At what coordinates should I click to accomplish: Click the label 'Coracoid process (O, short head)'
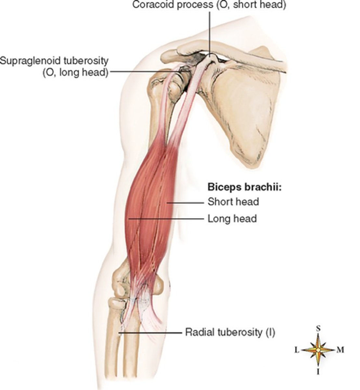point(209,6)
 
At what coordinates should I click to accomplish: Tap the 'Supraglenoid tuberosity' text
point(54,61)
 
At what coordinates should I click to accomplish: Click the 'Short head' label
point(233,202)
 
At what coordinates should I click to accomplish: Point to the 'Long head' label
point(232,218)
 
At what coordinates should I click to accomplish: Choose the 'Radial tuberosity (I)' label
point(230,332)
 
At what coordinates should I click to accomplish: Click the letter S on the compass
point(318,329)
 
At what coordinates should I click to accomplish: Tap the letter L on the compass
point(297,350)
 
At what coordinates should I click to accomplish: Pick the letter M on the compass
point(340,350)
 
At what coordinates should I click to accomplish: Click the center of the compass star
point(318,350)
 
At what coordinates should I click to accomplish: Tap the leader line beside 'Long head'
point(166,219)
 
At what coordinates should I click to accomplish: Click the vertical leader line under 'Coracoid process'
point(210,32)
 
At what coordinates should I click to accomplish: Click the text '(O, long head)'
point(76,72)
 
